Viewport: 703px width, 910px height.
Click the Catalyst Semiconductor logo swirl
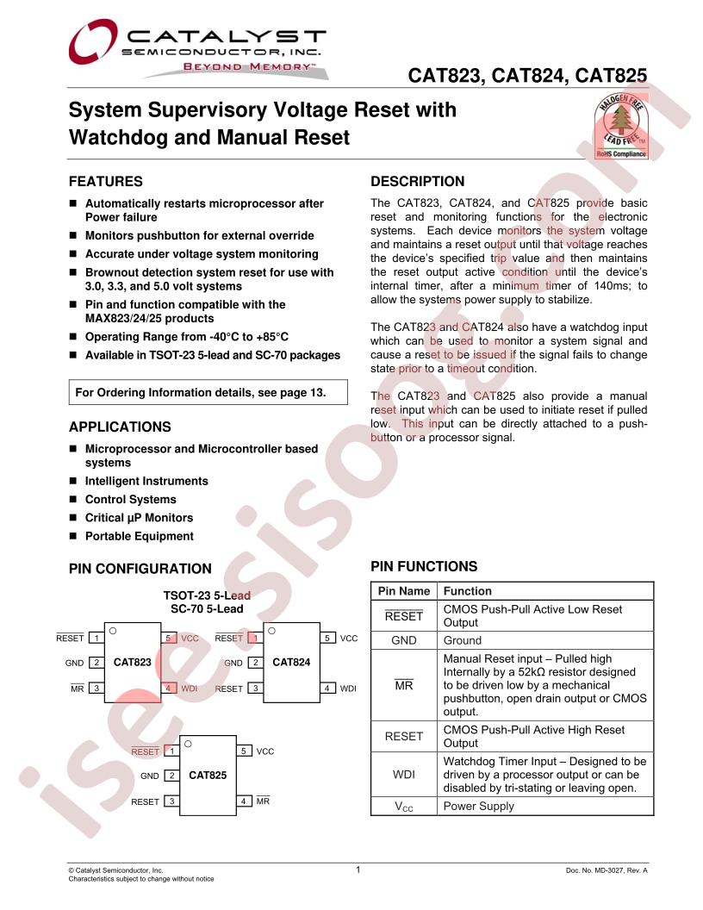coord(90,41)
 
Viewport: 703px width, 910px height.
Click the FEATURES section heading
coord(105,182)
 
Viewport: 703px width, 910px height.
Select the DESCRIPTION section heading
coord(417,182)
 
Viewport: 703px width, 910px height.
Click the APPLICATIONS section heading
coord(120,427)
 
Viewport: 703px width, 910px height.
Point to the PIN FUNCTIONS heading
coord(423,567)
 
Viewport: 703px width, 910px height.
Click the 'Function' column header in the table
coord(467,591)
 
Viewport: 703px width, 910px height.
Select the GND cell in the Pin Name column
coord(403,640)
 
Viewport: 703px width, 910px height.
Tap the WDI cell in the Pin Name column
coord(403,775)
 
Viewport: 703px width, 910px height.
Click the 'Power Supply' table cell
coord(478,807)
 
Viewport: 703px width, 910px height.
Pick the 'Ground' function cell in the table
coord(463,640)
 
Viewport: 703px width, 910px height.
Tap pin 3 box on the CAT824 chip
coord(255,689)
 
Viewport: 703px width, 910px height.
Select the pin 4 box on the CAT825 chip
coord(245,801)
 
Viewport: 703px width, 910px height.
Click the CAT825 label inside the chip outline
coord(208,776)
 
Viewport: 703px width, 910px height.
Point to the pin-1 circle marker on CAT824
coord(271,631)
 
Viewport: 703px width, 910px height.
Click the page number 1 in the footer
coord(358,870)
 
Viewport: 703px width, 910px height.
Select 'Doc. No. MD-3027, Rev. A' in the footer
coord(600,872)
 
